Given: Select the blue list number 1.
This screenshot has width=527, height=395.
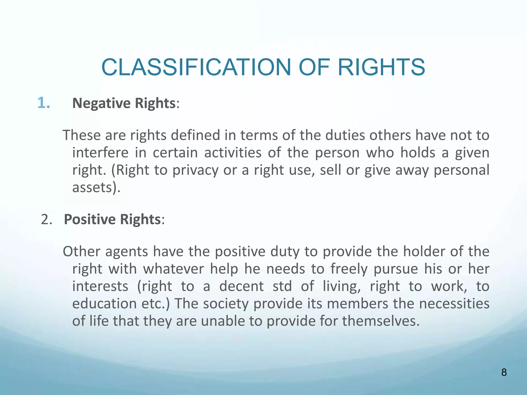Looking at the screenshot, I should (x=43, y=103).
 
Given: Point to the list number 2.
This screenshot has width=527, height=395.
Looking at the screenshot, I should (x=46, y=220).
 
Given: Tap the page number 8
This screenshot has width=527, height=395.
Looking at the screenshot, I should (x=504, y=372).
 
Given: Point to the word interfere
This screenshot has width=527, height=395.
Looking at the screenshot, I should (x=100, y=153).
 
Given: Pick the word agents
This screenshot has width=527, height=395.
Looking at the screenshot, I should (x=127, y=252).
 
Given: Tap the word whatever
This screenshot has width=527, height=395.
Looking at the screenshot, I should (x=173, y=269).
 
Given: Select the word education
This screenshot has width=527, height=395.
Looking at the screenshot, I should (x=104, y=304).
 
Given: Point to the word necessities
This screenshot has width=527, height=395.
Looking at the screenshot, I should (x=454, y=304).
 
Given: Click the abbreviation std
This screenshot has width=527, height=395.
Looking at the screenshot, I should (x=282, y=286).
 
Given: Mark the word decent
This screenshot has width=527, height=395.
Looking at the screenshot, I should (x=241, y=286).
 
